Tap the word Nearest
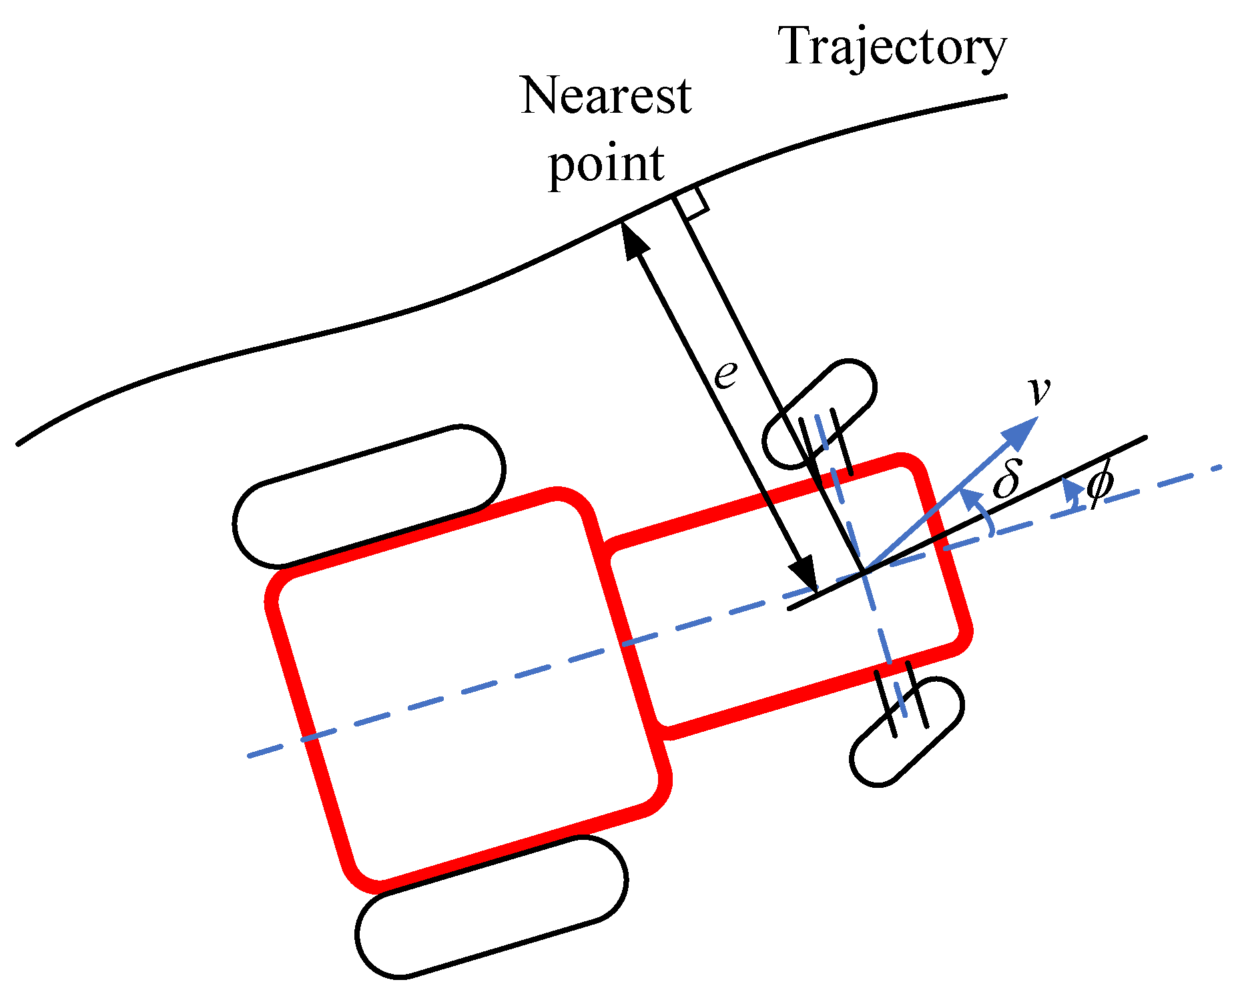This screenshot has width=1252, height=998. [x=605, y=95]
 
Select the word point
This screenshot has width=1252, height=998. [x=606, y=163]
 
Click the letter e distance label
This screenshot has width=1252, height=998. [x=725, y=376]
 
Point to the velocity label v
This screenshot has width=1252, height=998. [x=1039, y=391]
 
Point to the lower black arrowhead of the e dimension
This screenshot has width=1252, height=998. [x=803, y=573]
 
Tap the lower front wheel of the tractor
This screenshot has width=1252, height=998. [x=907, y=732]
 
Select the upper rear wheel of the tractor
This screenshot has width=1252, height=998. [x=369, y=496]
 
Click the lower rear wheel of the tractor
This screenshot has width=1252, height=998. [x=491, y=907]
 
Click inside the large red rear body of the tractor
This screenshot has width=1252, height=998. [x=467, y=690]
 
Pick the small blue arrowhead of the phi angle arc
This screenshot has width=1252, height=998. [x=1070, y=488]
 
